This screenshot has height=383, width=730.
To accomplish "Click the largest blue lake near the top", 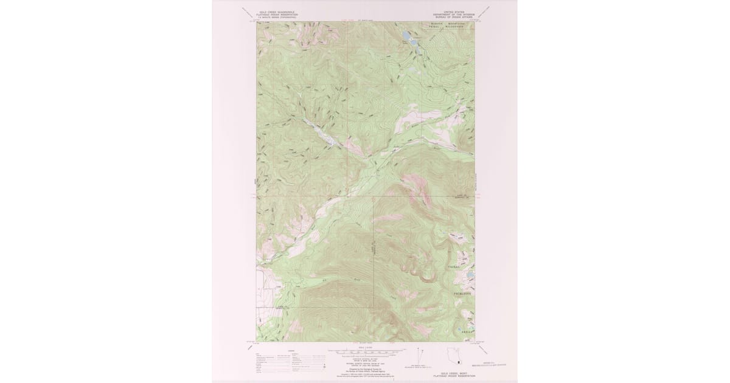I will (406, 36).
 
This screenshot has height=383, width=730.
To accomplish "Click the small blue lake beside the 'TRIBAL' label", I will (470, 275).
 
